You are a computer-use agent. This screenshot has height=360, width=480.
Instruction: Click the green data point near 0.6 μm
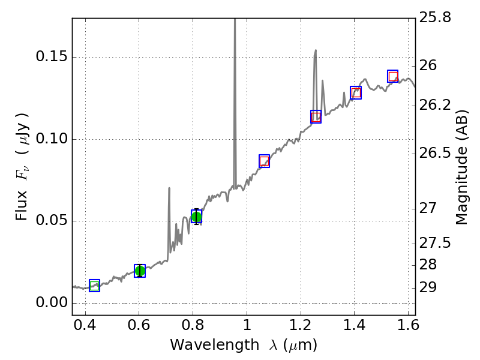[x=140, y=271]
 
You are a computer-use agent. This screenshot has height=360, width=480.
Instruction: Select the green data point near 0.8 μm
[x=196, y=217]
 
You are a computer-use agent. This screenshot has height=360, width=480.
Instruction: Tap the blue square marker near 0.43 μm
[x=94, y=286]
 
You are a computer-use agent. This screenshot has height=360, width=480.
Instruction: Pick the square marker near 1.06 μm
[x=264, y=161]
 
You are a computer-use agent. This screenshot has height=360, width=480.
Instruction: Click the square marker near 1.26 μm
[x=316, y=116]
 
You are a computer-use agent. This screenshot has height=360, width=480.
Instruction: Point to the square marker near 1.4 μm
[x=356, y=92]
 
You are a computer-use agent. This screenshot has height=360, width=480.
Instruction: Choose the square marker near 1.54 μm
[x=393, y=76]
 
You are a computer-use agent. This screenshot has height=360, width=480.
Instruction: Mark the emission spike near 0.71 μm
[x=169, y=188]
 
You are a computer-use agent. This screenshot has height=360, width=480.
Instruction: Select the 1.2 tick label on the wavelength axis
[x=300, y=328]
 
